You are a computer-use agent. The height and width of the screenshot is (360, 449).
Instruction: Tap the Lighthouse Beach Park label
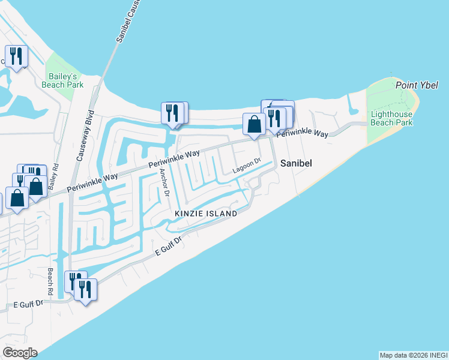[391, 118]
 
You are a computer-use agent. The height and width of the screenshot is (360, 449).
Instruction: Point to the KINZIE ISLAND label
[205, 214]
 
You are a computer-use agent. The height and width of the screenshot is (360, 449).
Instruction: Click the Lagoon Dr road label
[247, 167]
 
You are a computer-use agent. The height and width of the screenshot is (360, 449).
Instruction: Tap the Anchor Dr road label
[164, 183]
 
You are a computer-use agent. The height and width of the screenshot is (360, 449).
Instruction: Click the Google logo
[20, 353]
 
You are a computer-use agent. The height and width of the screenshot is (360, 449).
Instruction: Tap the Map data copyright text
[412, 355]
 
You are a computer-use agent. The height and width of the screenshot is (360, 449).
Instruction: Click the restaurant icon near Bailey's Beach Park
[15, 56]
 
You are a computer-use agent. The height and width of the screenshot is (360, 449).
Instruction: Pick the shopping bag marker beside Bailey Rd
[36, 186]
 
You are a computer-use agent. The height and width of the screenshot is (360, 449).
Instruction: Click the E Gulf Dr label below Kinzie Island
[168, 247]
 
